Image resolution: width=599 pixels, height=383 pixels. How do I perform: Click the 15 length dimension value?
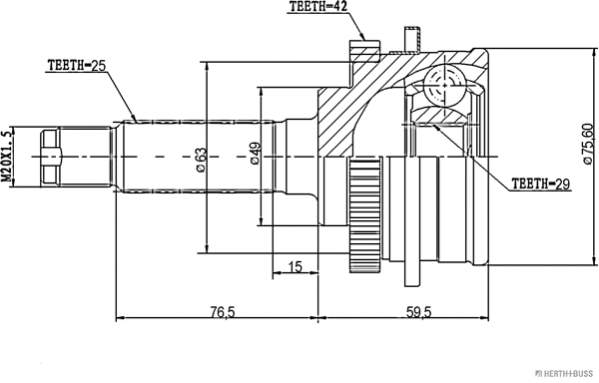click(x=295, y=266)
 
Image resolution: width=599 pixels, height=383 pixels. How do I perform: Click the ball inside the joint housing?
click(x=445, y=81)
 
